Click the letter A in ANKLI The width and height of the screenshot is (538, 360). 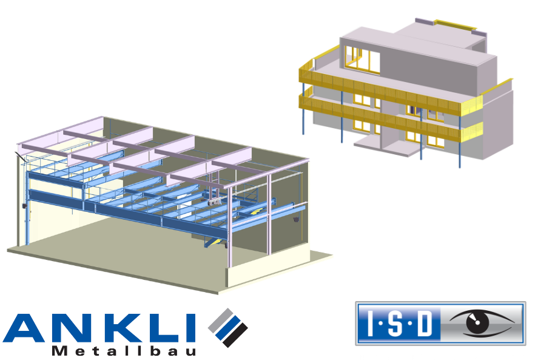pos(24,327)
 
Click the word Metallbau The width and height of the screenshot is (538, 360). pos(124,350)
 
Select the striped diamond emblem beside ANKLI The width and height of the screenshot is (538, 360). pos(228,327)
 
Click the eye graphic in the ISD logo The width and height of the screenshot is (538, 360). pos(482,322)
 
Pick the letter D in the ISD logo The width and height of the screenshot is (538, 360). pos(425,323)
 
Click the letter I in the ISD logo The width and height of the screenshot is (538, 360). pos(370,323)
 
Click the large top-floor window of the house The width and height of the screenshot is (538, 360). pos(363,59)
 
